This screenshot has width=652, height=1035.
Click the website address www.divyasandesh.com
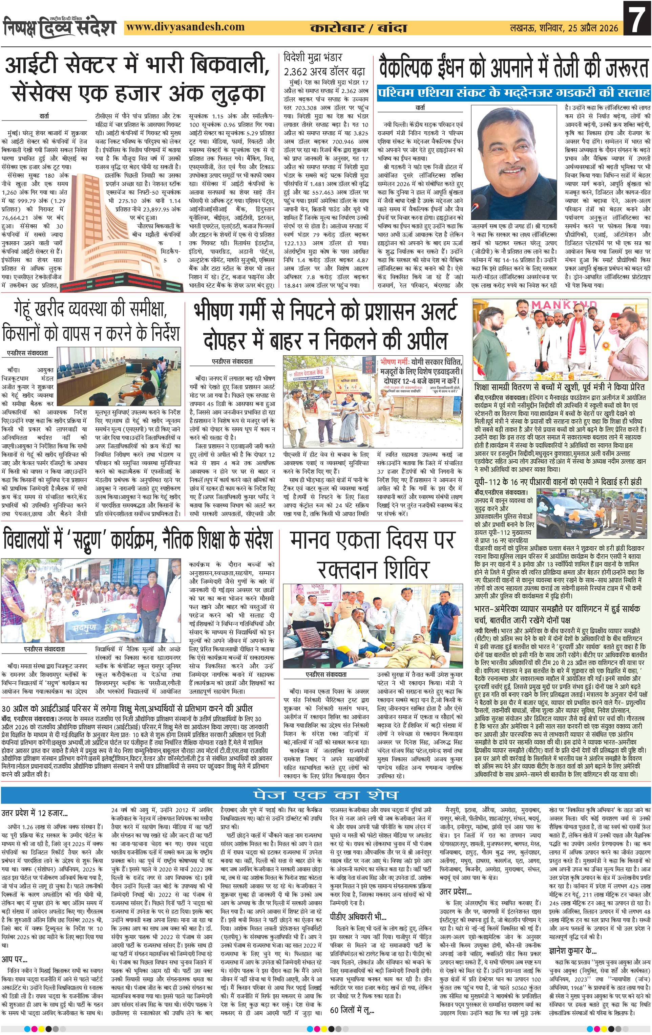pyautogui.click(x=186, y=27)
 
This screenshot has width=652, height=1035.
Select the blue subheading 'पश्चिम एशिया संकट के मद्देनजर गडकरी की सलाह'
pyautogui.click(x=513, y=92)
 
